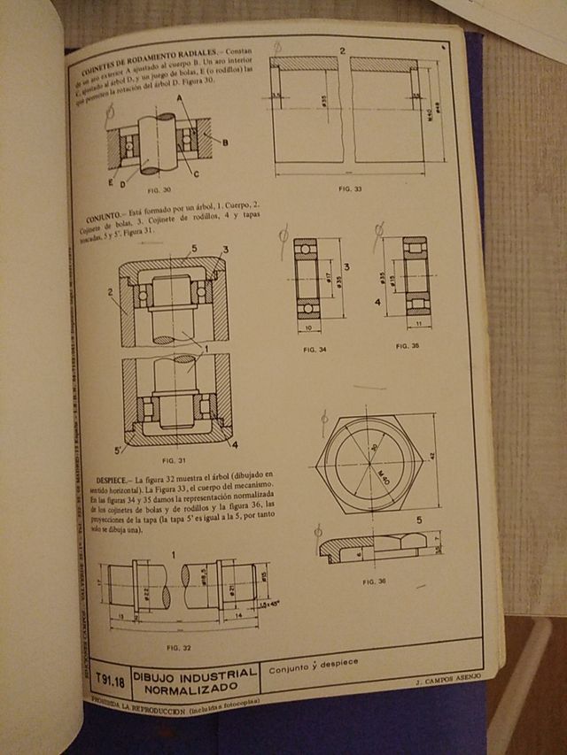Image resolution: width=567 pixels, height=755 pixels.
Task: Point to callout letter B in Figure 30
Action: pos(226,142)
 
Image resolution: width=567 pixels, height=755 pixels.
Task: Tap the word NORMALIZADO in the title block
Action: pos(194,686)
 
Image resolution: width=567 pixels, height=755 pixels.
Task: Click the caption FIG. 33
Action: pos(351,189)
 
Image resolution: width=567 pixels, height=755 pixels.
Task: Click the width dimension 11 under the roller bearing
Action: pos(416,325)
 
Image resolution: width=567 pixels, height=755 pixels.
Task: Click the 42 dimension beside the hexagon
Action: pos(432,457)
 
